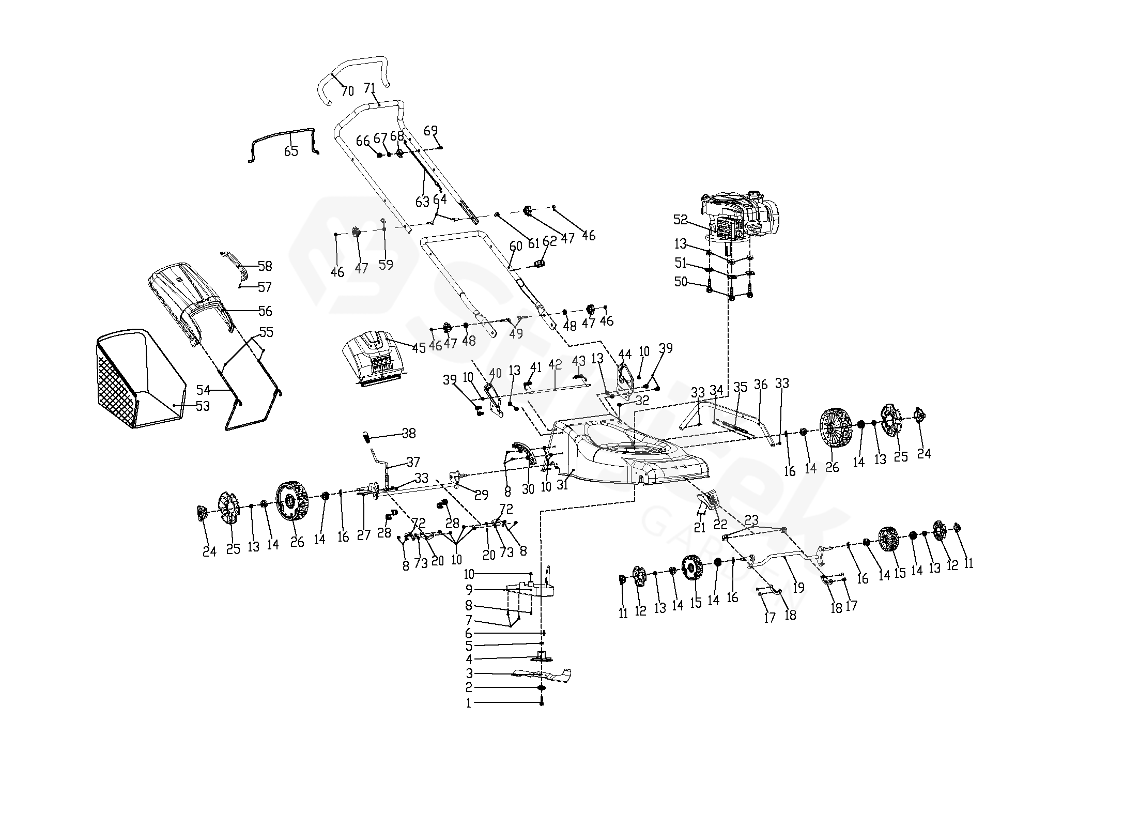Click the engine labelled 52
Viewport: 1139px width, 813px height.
(740, 218)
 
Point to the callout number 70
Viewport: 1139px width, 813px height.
(348, 91)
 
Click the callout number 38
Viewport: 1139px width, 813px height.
(409, 433)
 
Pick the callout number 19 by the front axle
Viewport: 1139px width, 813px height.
(798, 588)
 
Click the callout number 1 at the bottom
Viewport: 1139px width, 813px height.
(469, 703)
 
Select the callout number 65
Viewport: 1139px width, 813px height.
(291, 151)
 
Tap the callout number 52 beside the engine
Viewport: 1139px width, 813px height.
(681, 220)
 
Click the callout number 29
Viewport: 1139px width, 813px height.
(481, 495)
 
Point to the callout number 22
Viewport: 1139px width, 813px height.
(720, 525)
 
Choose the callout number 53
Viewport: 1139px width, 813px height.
(203, 406)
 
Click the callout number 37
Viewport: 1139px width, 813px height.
(413, 462)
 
